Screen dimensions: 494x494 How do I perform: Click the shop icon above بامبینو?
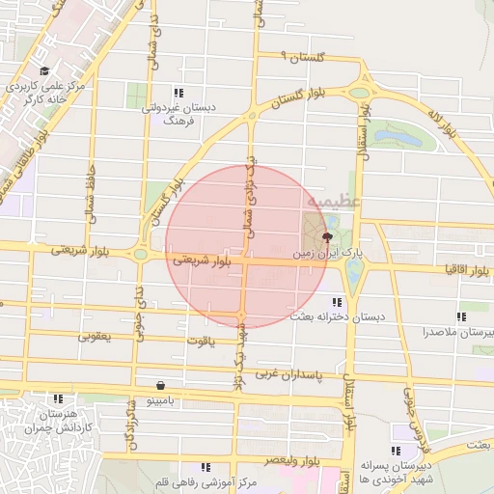tap(145, 384)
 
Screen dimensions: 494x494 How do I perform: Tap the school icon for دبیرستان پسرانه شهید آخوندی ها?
tap(396, 451)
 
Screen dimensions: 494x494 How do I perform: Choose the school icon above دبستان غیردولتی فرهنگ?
tap(178, 93)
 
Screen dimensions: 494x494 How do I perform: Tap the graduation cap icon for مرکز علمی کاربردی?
tap(44, 70)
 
